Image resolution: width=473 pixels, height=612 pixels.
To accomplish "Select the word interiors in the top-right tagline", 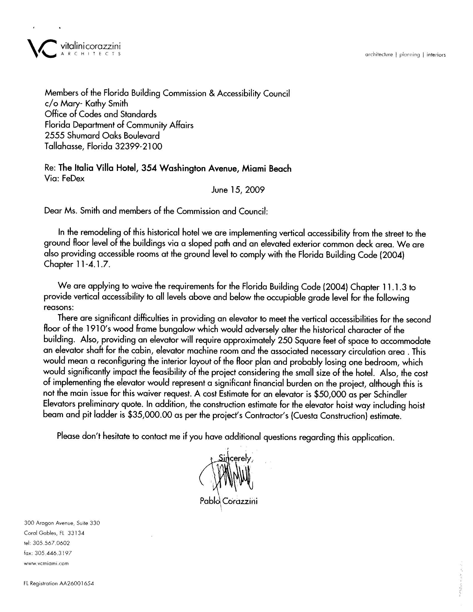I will pyautogui.click(x=436, y=55).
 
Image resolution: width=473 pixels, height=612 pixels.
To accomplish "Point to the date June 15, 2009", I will pyautogui.click(x=238, y=190).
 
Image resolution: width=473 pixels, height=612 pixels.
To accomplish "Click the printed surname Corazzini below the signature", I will pyautogui.click(x=241, y=501).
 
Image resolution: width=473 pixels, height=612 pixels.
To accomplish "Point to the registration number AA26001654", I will pyautogui.click(x=76, y=583).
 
